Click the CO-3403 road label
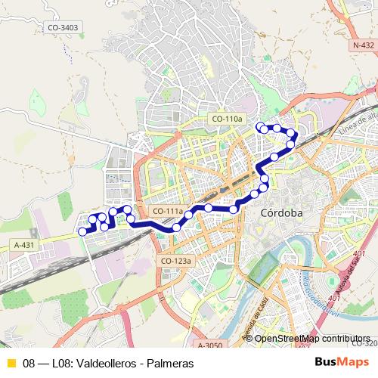[x=63, y=27]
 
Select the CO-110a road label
[x=227, y=119]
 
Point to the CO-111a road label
[x=167, y=211]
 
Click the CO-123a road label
[x=177, y=261]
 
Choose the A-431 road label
[x=24, y=245]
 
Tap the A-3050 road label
[x=211, y=345]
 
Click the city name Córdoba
[x=281, y=213]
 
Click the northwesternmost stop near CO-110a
[x=260, y=125]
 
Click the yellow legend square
[x=10, y=363]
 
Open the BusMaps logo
[x=342, y=362]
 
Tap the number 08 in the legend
[x=29, y=364]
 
